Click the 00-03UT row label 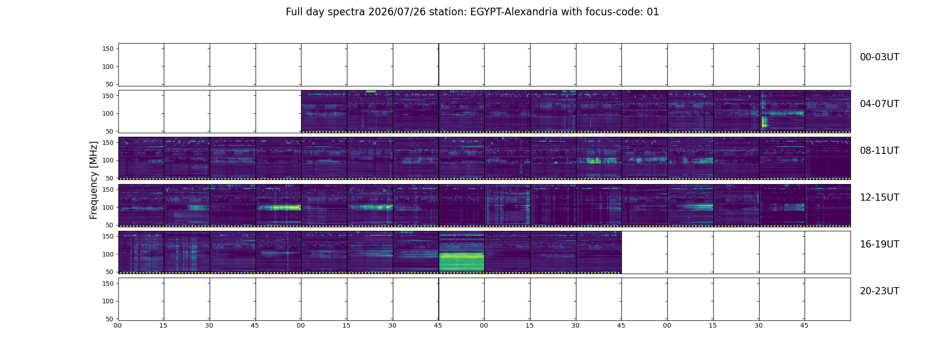tap(879, 57)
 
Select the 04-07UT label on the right tap(879, 104)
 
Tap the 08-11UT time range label tap(879, 151)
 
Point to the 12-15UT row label tap(879, 198)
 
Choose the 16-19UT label tap(879, 244)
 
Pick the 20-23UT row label tap(879, 291)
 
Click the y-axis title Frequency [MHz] tap(94, 180)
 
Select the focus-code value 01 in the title tap(653, 12)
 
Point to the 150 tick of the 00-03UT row tap(108, 49)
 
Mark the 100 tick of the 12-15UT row tap(108, 207)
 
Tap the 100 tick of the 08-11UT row tap(108, 160)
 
